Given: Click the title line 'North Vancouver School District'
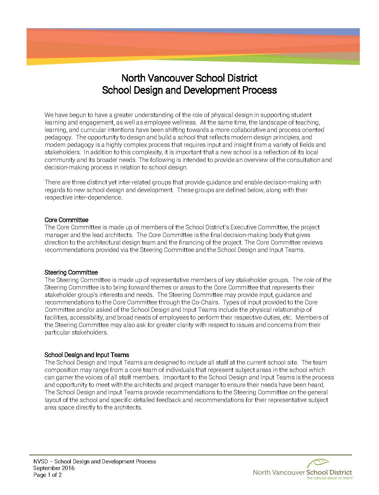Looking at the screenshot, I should coord(189,78).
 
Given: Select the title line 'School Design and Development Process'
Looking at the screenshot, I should coord(189,90).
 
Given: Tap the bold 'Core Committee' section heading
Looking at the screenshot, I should coord(66,220).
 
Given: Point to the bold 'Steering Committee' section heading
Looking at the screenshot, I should coord(71,272).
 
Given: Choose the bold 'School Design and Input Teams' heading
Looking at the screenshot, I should coord(87,355).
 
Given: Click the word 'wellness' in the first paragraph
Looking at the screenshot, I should coord(185,122).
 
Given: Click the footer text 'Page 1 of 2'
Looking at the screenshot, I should coord(48,475).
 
